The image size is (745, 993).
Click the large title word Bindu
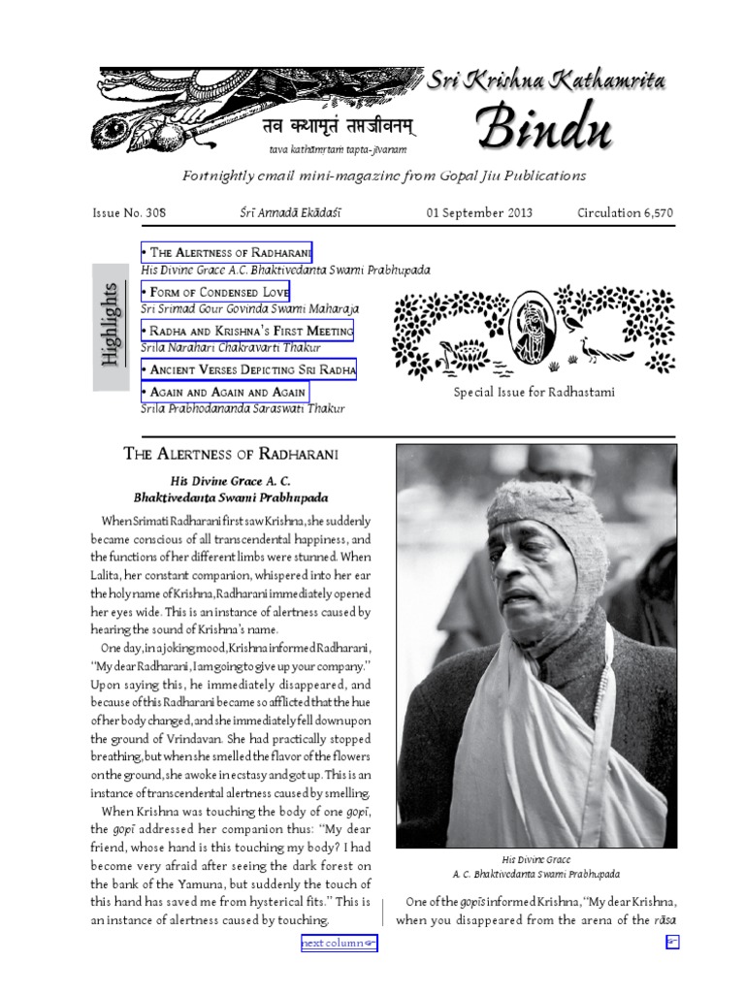click(x=543, y=127)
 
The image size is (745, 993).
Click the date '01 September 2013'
click(x=479, y=212)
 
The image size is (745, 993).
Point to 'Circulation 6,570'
click(x=625, y=212)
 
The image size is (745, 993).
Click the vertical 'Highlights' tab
click(x=111, y=327)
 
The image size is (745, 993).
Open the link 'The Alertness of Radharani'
click(x=226, y=252)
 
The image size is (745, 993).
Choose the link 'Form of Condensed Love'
click(x=214, y=292)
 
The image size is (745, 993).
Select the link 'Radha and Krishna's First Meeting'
click(x=246, y=331)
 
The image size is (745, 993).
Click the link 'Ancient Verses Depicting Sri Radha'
click(x=248, y=369)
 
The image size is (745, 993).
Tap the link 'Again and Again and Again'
click(x=224, y=392)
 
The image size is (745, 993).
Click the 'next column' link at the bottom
click(x=338, y=942)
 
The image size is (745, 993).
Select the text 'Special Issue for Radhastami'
click(x=534, y=392)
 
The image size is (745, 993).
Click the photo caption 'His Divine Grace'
click(x=535, y=859)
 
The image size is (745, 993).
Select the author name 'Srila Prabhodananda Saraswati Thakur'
click(x=243, y=408)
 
